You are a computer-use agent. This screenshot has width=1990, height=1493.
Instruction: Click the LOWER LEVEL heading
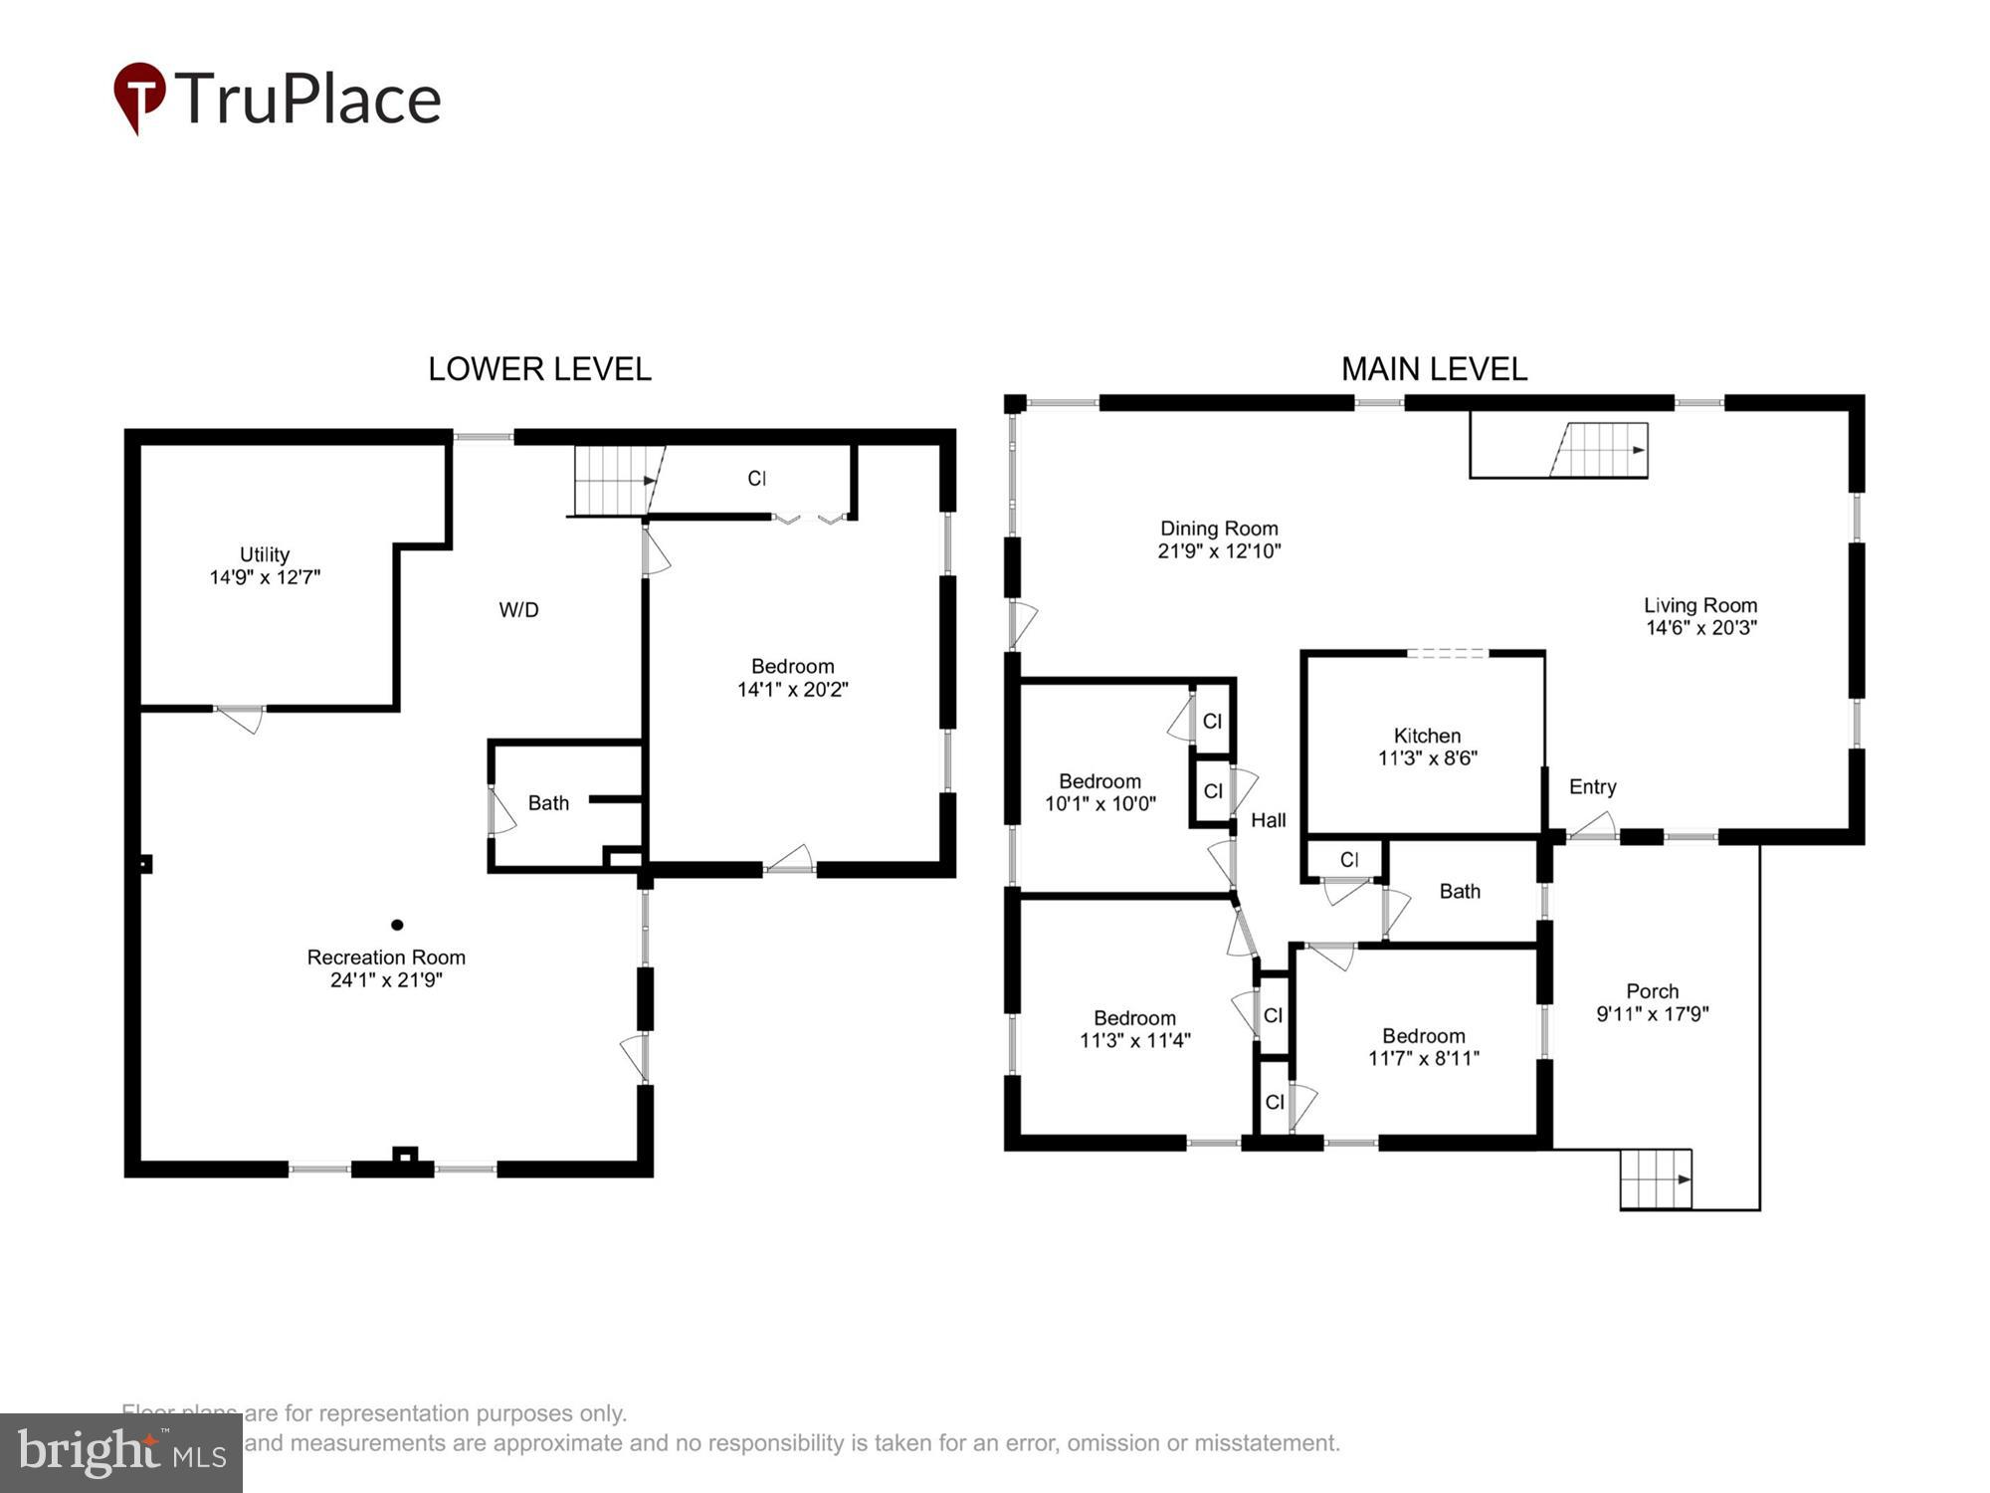[x=539, y=369]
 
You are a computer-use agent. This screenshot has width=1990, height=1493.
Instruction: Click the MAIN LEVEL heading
[x=1434, y=369]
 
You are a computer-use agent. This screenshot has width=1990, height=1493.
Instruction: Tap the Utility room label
[x=265, y=554]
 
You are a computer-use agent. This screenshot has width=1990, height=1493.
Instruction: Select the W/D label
[x=518, y=610]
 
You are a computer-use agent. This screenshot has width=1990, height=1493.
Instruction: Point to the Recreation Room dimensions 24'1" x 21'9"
[x=386, y=979]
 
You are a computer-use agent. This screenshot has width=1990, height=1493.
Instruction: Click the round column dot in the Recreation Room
[x=397, y=925]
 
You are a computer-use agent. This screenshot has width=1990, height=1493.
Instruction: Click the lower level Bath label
[x=548, y=802]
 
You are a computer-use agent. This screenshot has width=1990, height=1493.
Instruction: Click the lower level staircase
[x=613, y=481]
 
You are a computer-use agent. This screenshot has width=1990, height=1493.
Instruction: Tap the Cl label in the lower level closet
[x=757, y=479]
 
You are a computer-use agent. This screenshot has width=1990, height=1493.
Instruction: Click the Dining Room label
[x=1219, y=529]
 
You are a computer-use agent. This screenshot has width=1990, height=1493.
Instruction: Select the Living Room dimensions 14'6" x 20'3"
[x=1700, y=627]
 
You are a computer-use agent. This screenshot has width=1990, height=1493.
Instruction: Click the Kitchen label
[x=1427, y=736]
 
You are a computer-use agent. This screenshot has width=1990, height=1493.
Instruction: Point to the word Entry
[x=1592, y=786]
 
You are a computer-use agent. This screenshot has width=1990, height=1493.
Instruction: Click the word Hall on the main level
[x=1268, y=820]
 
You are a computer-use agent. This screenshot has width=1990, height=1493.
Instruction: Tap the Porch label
[x=1652, y=991]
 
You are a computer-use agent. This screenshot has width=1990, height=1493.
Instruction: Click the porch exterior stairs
[x=1656, y=1179]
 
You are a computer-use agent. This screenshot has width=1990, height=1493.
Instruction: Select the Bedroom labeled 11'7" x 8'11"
[x=1423, y=1046]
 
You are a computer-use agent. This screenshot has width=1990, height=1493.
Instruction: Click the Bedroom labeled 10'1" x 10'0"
[x=1099, y=792]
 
